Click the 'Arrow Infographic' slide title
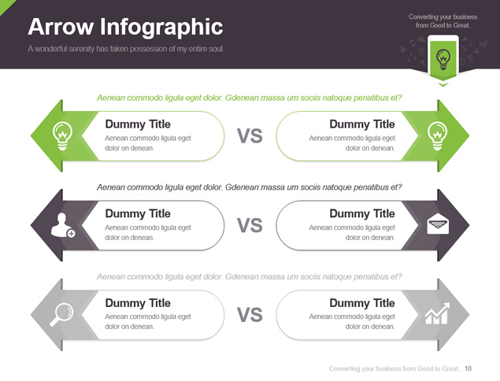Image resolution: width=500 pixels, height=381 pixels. pyautogui.click(x=125, y=27)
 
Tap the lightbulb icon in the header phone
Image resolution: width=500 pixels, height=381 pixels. pyautogui.click(x=443, y=59)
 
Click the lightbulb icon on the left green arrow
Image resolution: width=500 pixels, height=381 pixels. pyautogui.click(x=62, y=135)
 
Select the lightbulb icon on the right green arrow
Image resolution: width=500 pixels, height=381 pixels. pyautogui.click(x=437, y=135)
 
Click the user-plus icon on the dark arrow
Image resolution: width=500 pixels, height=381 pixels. pyautogui.click(x=63, y=225)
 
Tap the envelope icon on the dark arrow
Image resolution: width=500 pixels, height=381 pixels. pyautogui.click(x=438, y=224)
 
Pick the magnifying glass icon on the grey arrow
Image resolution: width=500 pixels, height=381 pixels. pyautogui.click(x=61, y=315)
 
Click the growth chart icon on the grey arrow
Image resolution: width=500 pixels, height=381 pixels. pyautogui.click(x=438, y=313)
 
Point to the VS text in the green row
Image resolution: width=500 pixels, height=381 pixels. pyautogui.click(x=250, y=136)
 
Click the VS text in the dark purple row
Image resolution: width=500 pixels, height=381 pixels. pyautogui.click(x=250, y=225)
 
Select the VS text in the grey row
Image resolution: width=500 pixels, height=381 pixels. pyautogui.click(x=250, y=315)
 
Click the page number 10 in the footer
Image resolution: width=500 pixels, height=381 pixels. pyautogui.click(x=468, y=368)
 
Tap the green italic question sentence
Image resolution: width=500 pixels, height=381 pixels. pyautogui.click(x=250, y=98)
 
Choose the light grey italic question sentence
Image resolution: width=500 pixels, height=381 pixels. pyautogui.click(x=250, y=276)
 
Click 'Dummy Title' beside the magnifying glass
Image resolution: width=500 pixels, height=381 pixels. pyautogui.click(x=138, y=303)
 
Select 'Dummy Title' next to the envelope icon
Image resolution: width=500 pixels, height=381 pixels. pyautogui.click(x=362, y=213)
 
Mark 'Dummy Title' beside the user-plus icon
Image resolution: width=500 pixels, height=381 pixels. pyautogui.click(x=138, y=213)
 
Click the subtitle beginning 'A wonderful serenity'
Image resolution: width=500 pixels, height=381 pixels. pyautogui.click(x=126, y=49)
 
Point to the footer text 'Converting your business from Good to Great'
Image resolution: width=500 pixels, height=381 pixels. pyautogui.click(x=394, y=368)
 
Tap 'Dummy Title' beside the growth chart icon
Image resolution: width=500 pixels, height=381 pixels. pyautogui.click(x=362, y=303)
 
